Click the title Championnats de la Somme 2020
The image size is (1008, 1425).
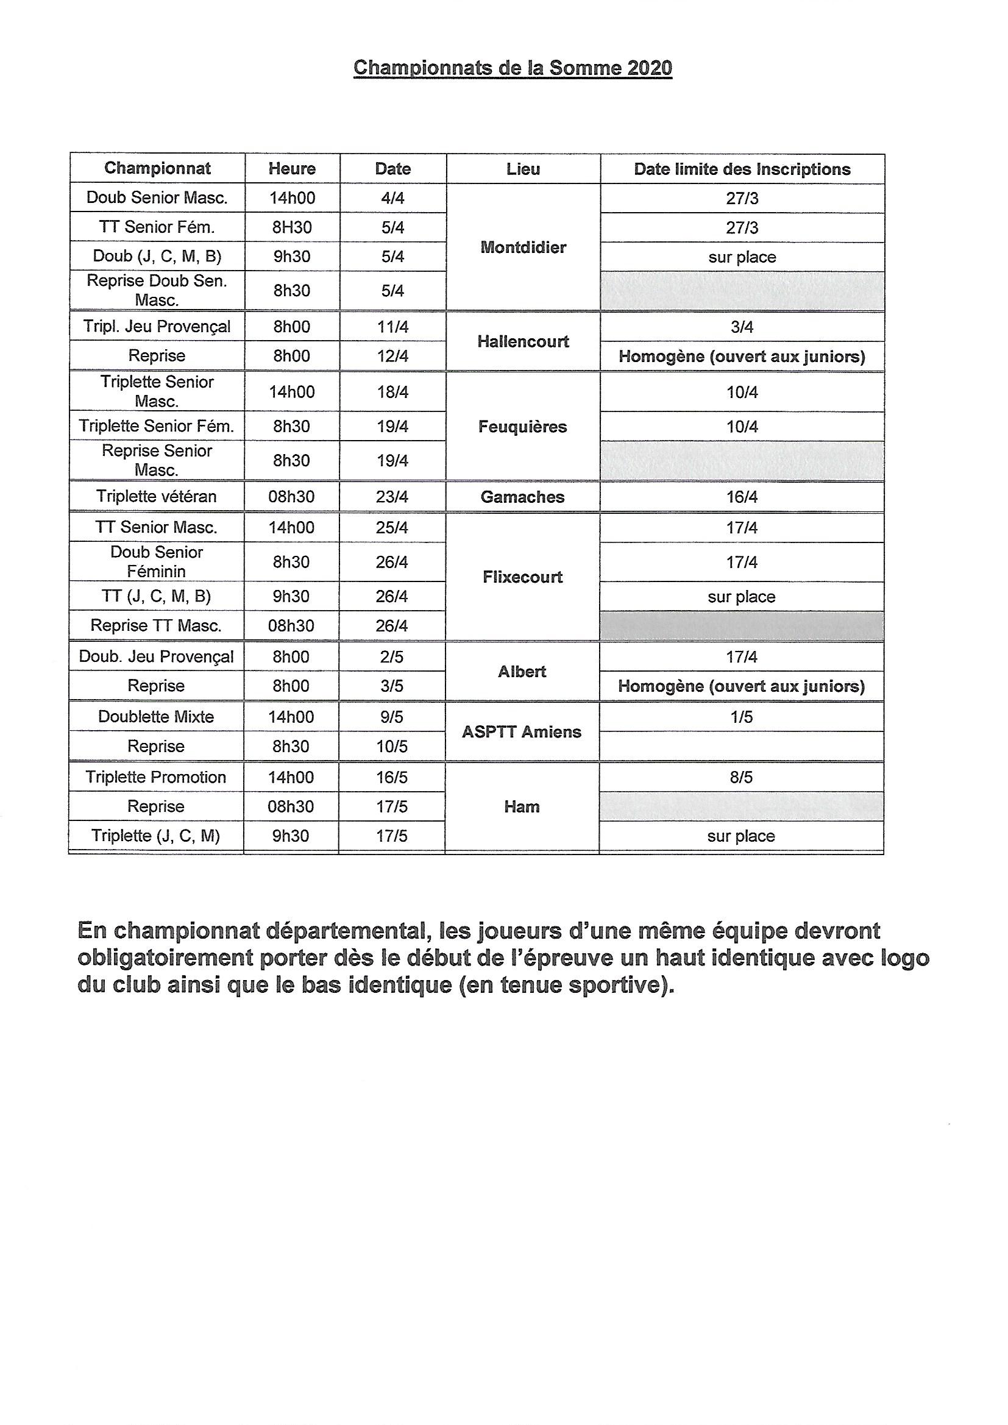pos(512,68)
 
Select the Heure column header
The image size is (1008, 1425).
pos(292,168)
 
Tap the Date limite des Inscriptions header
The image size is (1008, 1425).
pos(742,169)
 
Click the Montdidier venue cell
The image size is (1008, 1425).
pos(523,247)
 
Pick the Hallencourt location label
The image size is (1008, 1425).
pos(523,341)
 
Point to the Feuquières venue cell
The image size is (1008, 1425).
pos(523,427)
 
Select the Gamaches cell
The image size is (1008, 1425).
pos(523,497)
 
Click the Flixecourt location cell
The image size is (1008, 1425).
pos(523,577)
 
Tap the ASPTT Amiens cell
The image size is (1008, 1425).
pos(522,732)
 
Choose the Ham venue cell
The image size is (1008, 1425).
pos(522,806)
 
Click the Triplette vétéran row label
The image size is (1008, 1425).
pos(157,497)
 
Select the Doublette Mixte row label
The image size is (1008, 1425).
pos(156,717)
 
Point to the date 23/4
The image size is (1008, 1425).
pos(392,497)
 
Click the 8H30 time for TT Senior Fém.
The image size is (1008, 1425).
pos(292,227)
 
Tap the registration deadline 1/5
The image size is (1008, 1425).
pos(741,717)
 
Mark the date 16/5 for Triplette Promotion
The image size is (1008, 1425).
pos(392,777)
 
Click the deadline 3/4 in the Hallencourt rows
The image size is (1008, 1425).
pos(742,327)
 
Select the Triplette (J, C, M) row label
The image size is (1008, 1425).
pos(156,836)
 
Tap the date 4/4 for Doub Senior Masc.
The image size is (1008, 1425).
pos(392,198)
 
